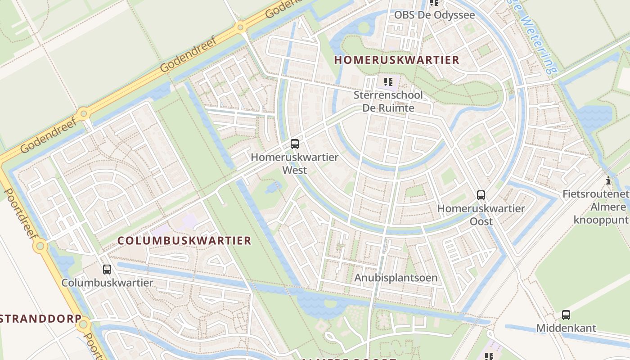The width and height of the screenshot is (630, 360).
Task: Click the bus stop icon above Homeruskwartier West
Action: point(295,144)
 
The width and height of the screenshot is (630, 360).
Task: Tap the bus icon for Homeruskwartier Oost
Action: point(481,195)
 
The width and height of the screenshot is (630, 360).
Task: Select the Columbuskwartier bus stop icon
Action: point(107,270)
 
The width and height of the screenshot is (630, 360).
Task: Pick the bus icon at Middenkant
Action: point(566,315)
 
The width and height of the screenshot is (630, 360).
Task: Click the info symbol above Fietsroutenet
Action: point(608,181)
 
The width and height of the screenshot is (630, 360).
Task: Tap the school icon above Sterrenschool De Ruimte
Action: point(388,82)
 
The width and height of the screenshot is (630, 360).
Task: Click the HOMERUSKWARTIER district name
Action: point(396,60)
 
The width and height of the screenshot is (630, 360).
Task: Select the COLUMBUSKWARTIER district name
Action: point(184,240)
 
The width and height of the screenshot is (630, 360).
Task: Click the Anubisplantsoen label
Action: point(396,278)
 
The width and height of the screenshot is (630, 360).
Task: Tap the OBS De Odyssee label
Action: point(434,15)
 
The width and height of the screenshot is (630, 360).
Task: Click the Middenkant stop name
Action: point(566,328)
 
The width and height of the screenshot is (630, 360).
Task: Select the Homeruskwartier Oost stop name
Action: point(481,215)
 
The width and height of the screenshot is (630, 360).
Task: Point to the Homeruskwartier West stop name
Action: point(295,163)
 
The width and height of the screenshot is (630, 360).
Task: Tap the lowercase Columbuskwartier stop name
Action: point(107,283)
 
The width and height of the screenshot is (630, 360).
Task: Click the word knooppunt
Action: point(600,220)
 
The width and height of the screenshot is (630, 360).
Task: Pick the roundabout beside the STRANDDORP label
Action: point(84,324)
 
